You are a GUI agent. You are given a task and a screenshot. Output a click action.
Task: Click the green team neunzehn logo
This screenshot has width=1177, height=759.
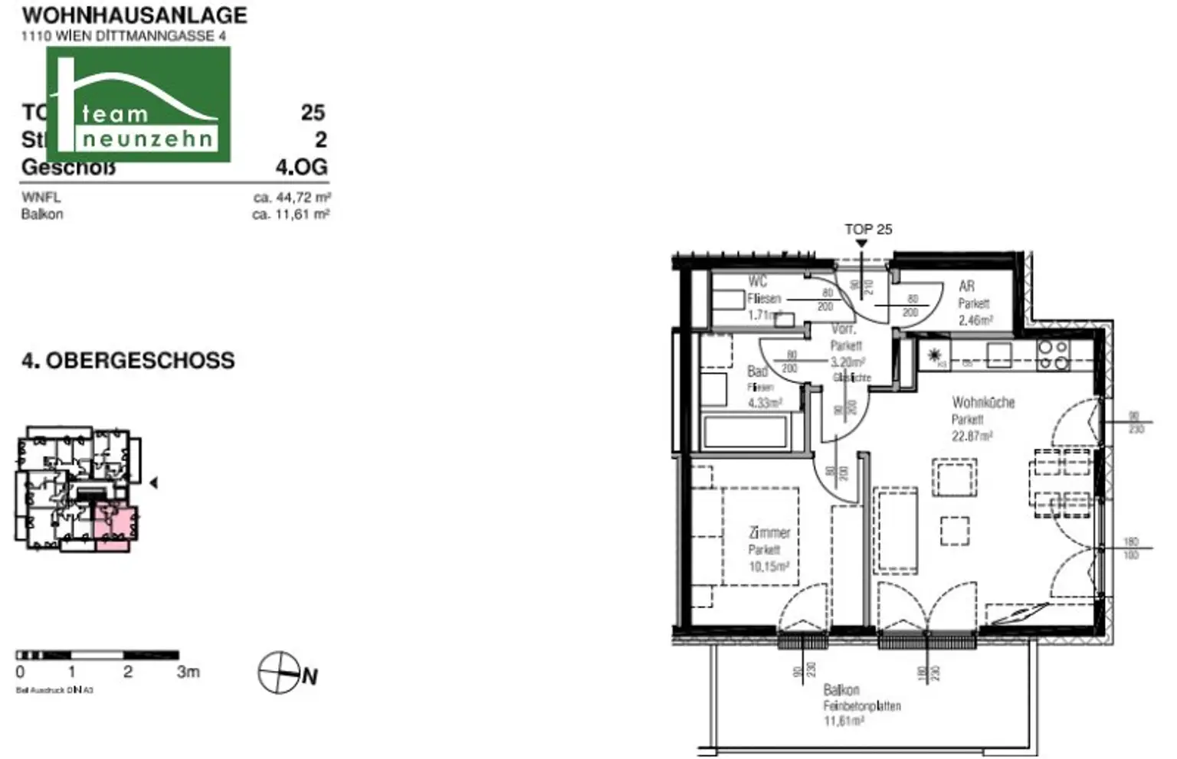pyautogui.click(x=139, y=104)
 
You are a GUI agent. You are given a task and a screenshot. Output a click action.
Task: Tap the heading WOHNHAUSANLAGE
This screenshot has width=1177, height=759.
pyautogui.click(x=134, y=15)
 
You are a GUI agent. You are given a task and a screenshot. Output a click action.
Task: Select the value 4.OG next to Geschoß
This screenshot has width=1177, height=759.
pyautogui.click(x=301, y=166)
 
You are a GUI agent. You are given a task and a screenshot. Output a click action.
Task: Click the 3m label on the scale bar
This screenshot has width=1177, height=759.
pyautogui.click(x=188, y=672)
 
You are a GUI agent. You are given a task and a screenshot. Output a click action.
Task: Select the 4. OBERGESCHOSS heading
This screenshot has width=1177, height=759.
pyautogui.click(x=128, y=361)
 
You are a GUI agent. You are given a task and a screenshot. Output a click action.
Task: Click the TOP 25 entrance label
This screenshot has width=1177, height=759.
pyautogui.click(x=868, y=229)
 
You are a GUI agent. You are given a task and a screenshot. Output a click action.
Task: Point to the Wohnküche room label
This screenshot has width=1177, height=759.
pyautogui.click(x=983, y=402)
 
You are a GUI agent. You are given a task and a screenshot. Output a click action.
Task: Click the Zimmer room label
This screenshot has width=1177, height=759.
pyautogui.click(x=769, y=532)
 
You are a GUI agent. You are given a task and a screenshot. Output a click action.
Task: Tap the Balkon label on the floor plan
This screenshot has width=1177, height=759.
pyautogui.click(x=841, y=690)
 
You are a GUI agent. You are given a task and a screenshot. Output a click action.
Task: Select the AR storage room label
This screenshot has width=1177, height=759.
pyautogui.click(x=967, y=286)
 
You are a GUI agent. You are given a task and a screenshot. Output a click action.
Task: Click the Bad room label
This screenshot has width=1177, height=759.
pyautogui.click(x=757, y=371)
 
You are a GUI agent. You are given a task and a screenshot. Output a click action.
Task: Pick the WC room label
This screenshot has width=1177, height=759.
pyautogui.click(x=757, y=282)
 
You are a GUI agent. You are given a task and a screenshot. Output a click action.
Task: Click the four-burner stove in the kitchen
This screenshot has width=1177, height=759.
pyautogui.click(x=1053, y=355)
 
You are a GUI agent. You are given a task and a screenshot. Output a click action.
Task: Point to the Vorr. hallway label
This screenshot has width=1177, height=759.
pyautogui.click(x=844, y=329)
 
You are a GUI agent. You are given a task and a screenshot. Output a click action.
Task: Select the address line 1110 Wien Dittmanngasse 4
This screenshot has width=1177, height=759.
pyautogui.click(x=123, y=35)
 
